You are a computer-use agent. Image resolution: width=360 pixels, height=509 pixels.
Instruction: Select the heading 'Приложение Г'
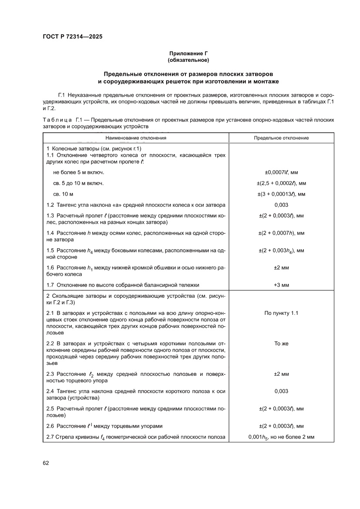tap(188, 53)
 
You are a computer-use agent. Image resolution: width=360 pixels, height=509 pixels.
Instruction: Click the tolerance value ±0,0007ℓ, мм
tap(281, 172)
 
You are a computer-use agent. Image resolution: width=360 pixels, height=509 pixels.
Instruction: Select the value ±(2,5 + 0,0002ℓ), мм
tap(281, 183)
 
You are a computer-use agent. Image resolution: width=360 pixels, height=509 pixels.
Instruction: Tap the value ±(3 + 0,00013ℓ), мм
tap(281, 194)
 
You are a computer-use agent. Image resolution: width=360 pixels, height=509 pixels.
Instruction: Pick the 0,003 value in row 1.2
tap(281, 205)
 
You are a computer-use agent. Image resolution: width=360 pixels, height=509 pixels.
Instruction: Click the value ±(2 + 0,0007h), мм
tap(281, 233)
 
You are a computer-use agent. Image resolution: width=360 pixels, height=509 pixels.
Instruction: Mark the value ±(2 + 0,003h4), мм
tap(281, 250)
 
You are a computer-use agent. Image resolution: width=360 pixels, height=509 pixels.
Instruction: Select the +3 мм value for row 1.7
tap(281, 285)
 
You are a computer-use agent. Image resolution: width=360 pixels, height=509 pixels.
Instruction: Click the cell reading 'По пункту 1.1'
tap(281, 313)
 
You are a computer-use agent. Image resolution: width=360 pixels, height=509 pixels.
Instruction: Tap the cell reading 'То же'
tap(281, 344)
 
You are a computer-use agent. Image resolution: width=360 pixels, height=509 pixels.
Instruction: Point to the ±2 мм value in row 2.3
tap(281, 374)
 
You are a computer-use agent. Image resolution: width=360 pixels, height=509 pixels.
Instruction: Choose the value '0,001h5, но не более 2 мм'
tap(281, 437)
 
